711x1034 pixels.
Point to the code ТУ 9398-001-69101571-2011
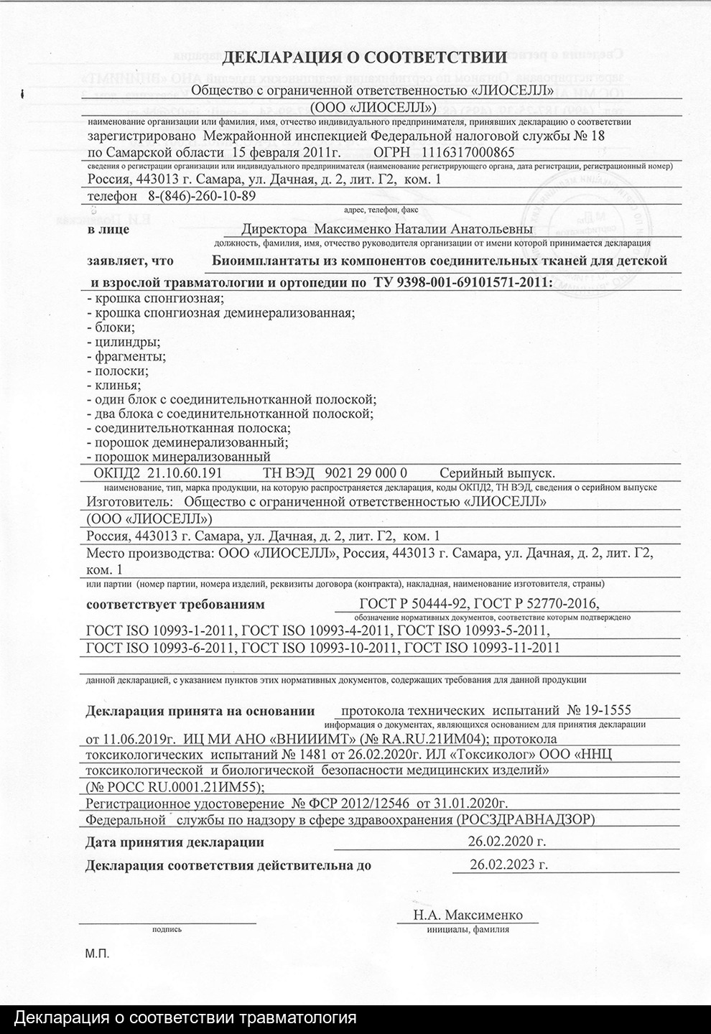463,282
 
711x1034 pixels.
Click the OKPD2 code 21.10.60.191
183,473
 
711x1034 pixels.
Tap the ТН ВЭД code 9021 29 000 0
366,473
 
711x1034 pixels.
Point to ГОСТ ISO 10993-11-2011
483,648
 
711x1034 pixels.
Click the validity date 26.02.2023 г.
508,864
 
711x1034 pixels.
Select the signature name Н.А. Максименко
468,915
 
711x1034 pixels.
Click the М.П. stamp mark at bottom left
96,954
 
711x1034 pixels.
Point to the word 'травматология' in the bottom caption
297,1018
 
